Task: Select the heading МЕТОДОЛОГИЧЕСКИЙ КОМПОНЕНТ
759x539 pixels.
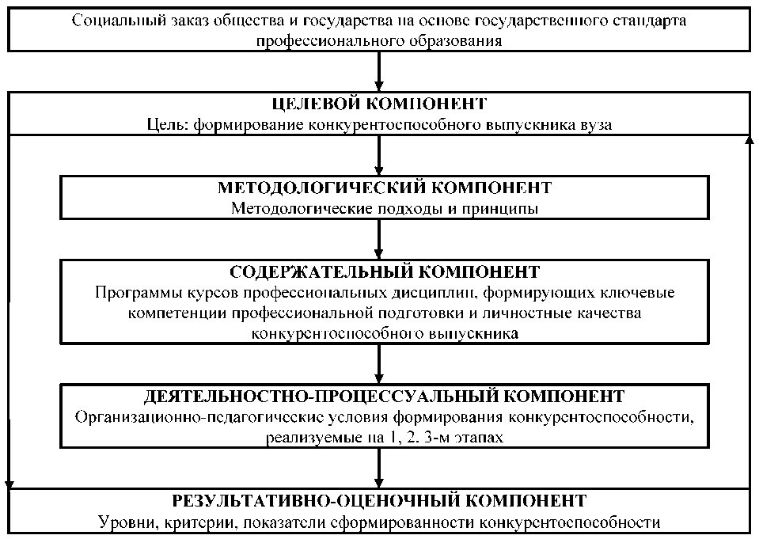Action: [x=384, y=188]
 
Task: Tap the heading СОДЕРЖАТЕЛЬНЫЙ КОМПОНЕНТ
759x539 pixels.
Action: [x=385, y=272]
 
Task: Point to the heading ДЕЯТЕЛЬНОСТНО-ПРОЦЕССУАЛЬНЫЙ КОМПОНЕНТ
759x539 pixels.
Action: [x=384, y=395]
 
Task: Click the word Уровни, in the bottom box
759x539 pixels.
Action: [x=125, y=522]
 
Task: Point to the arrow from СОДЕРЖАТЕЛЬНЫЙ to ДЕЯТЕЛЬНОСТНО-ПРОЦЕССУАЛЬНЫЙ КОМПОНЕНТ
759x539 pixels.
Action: [x=379, y=363]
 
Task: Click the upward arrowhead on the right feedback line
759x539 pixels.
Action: [x=748, y=141]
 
